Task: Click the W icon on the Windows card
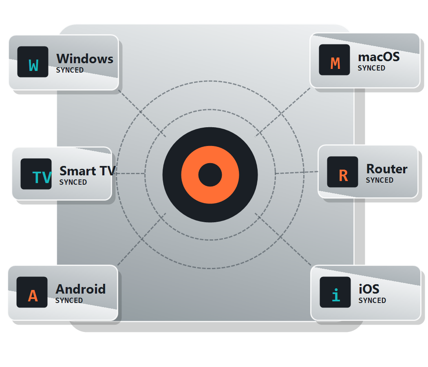coord(33,62)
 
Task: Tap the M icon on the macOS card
coord(334,60)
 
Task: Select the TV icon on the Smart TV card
coord(36,174)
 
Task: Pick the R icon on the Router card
coord(342,172)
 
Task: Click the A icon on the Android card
coord(32,292)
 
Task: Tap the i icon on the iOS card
coord(335,292)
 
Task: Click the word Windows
coord(85,59)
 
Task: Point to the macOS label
coord(379,57)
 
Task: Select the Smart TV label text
coord(88,171)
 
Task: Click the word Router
coord(387,169)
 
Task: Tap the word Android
coord(81,289)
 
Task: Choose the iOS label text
coord(369,289)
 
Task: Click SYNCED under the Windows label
coord(70,70)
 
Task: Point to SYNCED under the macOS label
coord(371,68)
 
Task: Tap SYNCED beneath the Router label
coord(379,180)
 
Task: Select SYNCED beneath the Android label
coord(69,301)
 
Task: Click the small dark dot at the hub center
coord(210,175)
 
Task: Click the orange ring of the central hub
coord(210,155)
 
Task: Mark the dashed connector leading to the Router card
coord(297,172)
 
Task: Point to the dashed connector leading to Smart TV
coord(130,173)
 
